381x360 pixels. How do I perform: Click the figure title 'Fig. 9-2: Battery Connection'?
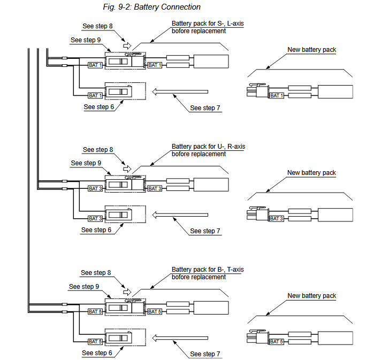pos(151,7)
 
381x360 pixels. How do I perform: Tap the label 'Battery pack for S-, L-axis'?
pos(208,24)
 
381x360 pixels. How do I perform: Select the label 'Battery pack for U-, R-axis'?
pos(208,147)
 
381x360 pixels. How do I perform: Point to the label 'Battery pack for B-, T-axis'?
pos(208,270)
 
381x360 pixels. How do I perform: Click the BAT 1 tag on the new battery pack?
pos(277,95)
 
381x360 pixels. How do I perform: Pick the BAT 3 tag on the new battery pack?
pos(277,218)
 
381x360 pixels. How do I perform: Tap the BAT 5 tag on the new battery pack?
pos(277,341)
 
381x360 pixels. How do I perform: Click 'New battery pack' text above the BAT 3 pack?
pos(311,173)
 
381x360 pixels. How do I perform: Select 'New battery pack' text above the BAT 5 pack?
pos(311,296)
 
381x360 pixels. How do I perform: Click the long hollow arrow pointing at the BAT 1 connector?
pos(180,92)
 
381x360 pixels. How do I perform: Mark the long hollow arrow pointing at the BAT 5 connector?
pos(180,338)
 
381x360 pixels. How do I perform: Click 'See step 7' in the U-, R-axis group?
pos(205,231)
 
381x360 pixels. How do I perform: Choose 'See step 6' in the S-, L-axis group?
pos(99,107)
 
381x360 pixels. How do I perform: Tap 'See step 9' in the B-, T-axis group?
pos(84,287)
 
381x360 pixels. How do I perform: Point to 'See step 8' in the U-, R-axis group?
pos(98,150)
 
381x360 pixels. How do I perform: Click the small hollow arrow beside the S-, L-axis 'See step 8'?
pos(127,46)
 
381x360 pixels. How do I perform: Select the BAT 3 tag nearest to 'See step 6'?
pos(95,218)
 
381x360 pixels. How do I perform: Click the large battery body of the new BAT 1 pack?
pos(336,91)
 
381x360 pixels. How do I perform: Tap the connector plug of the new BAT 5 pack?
pos(258,338)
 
